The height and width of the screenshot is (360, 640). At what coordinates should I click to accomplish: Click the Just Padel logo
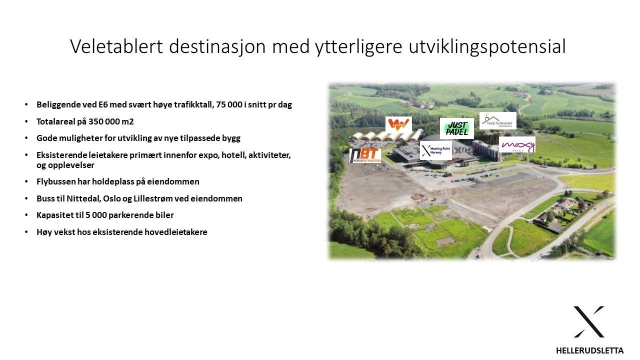[456, 128]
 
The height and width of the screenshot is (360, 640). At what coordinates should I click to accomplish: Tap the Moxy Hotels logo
[517, 145]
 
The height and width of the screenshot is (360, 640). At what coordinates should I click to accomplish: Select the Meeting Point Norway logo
[436, 150]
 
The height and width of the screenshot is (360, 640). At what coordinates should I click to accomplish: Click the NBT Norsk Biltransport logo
[365, 155]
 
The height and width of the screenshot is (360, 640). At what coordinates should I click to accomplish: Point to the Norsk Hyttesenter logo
[497, 120]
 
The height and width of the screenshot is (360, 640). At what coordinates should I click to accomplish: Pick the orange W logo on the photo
[398, 124]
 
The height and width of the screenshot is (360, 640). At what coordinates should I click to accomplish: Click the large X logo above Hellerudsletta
[589, 321]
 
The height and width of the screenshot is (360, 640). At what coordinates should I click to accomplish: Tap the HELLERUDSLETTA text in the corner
[589, 350]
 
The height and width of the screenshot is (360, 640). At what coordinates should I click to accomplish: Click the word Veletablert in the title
[116, 46]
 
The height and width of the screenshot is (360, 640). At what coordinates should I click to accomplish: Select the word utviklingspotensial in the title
[487, 46]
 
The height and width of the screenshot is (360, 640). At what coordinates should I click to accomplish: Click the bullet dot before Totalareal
[26, 121]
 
